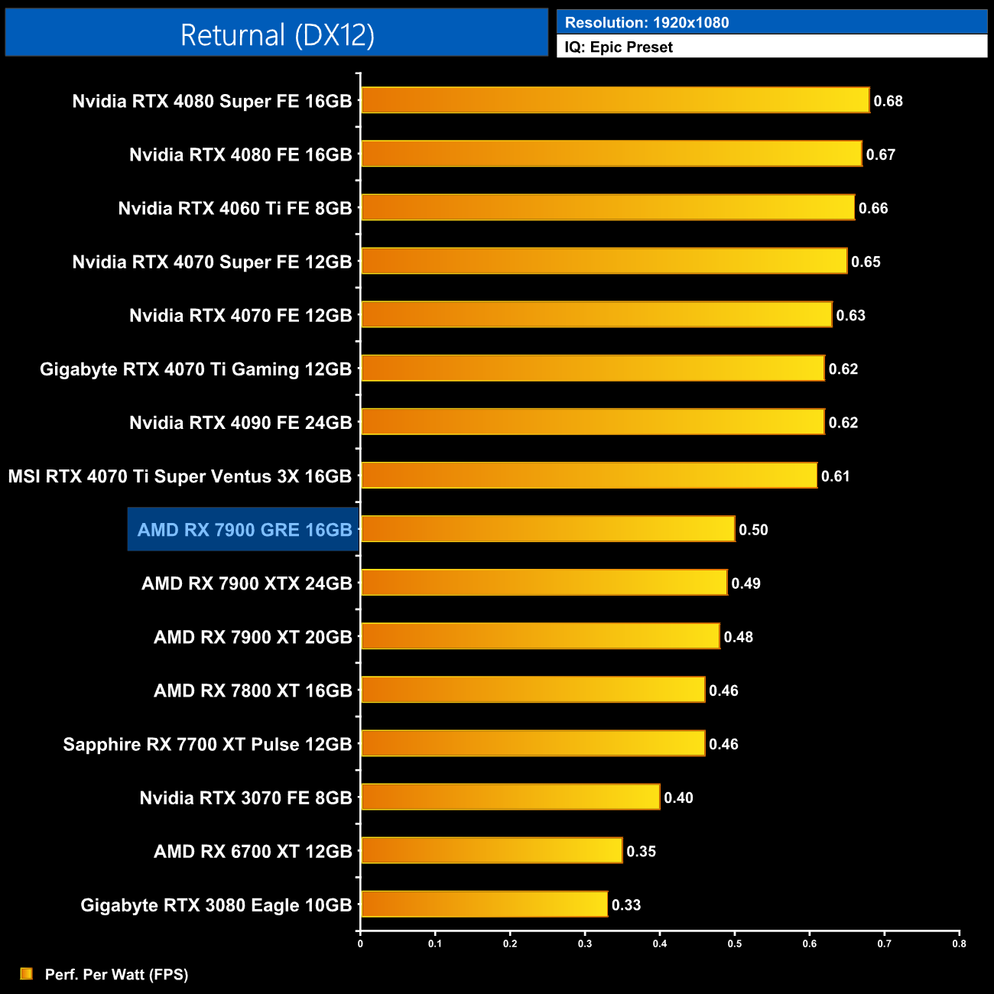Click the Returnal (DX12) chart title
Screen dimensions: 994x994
(x=277, y=35)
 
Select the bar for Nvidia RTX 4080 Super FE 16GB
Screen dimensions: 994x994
(x=615, y=100)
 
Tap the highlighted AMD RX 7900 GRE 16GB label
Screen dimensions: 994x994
(x=245, y=530)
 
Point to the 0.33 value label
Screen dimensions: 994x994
(x=626, y=905)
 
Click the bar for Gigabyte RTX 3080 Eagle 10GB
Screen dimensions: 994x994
(x=484, y=905)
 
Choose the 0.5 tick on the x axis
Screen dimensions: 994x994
(x=735, y=944)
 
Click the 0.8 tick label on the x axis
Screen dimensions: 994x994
(x=959, y=944)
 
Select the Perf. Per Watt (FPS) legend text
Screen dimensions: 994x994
(x=116, y=974)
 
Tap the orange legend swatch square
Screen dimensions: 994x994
(x=27, y=973)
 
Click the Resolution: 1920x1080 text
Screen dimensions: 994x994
(x=647, y=23)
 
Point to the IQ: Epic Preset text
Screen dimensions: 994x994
(x=619, y=47)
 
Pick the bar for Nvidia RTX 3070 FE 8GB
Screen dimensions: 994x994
(x=510, y=797)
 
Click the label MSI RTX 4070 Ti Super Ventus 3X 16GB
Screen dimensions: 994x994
(x=180, y=476)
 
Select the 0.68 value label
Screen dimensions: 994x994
(x=888, y=101)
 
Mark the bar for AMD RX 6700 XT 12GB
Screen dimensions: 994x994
(x=492, y=850)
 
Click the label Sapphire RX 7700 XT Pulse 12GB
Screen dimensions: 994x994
(x=207, y=745)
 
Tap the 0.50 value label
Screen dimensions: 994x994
(x=753, y=530)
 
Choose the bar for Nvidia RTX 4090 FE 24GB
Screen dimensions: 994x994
(x=593, y=422)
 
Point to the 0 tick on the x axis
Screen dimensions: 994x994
(x=360, y=944)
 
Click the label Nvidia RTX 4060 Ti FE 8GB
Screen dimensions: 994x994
(x=235, y=209)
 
